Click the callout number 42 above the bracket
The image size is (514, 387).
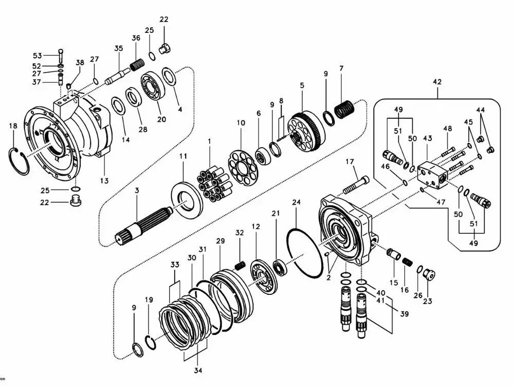[437, 82]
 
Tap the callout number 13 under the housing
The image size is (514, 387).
[104, 180]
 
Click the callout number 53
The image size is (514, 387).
[37, 56]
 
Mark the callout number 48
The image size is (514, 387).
[448, 129]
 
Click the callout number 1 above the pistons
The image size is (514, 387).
[209, 140]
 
